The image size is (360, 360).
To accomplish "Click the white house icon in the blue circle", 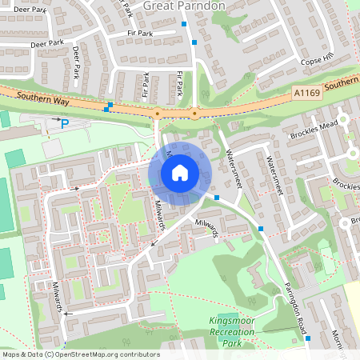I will [180, 172].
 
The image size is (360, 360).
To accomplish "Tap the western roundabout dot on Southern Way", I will [157, 114].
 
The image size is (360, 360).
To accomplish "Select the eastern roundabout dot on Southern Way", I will [194, 114].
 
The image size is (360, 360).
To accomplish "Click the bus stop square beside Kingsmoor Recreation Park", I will [308, 339].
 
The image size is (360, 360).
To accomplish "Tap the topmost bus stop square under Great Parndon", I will [184, 24].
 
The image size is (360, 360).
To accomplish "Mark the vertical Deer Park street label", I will [77, 62].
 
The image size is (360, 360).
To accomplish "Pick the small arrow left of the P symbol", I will [55, 118].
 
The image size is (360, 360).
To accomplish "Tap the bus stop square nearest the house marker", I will [217, 194].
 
